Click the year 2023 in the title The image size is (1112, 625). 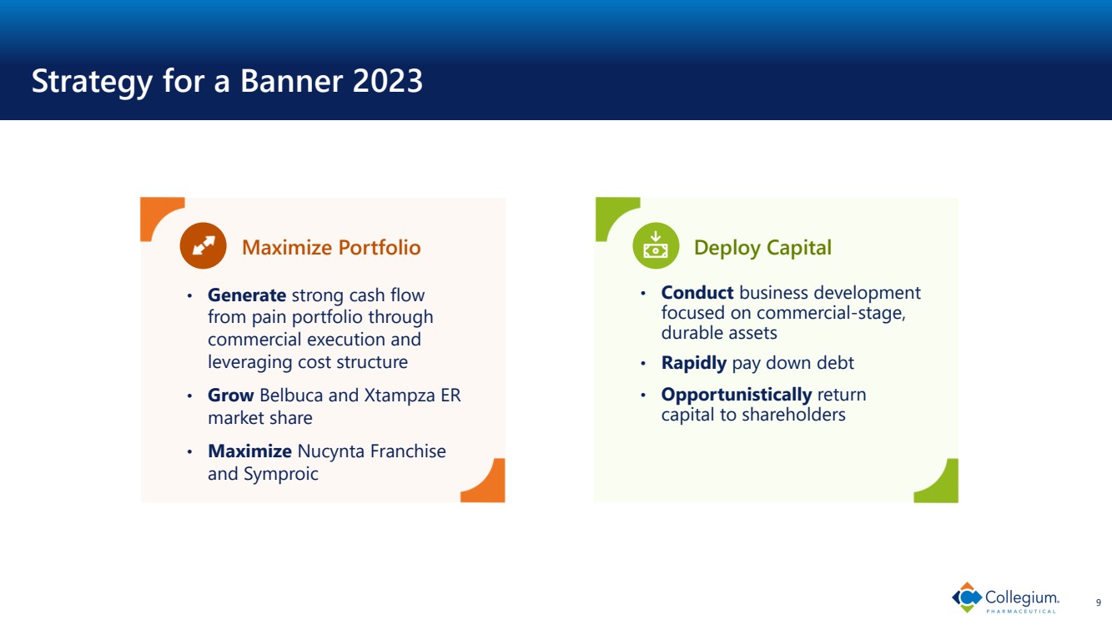[x=388, y=80]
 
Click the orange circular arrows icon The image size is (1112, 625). [x=203, y=245]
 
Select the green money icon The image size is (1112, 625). [x=656, y=245]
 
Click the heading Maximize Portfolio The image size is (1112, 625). [x=331, y=247]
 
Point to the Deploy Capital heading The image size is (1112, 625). [x=762, y=247]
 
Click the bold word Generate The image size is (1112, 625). [x=247, y=295]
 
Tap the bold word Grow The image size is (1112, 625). [x=231, y=396]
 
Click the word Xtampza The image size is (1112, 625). [x=400, y=396]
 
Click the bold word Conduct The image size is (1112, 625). [x=697, y=292]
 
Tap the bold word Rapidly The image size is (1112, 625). [x=693, y=363]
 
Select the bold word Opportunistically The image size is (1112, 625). [x=737, y=395]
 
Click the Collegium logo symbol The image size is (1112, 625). [x=967, y=597]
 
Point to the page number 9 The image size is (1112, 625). [x=1099, y=602]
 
